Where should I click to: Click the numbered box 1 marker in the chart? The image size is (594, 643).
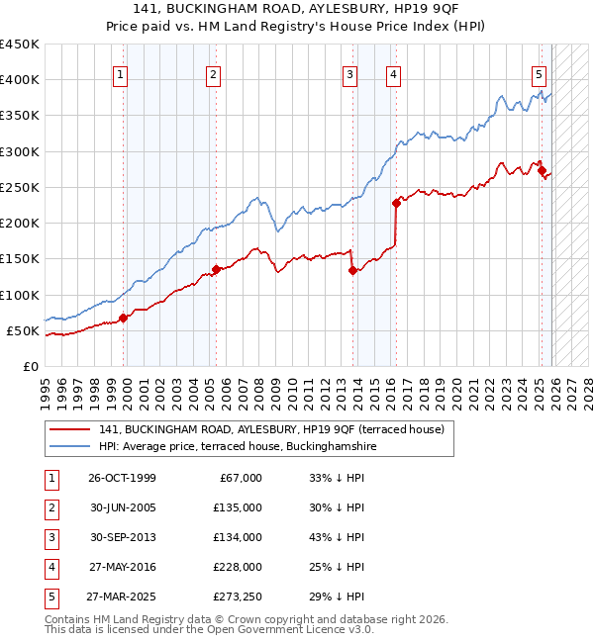click(x=120, y=73)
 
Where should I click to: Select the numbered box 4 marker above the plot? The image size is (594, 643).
click(x=394, y=73)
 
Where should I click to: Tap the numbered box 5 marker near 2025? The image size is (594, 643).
click(x=539, y=73)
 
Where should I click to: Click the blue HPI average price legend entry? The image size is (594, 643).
click(x=238, y=447)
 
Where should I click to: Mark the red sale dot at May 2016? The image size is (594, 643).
click(x=396, y=203)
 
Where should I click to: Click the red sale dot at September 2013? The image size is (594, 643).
click(x=352, y=270)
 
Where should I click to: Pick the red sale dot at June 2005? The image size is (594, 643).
click(x=216, y=269)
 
